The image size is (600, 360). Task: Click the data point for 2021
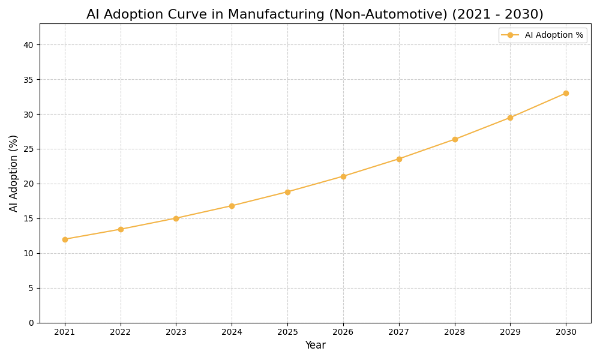tap(65, 239)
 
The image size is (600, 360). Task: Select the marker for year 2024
tap(232, 206)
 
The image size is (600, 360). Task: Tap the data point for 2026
tap(343, 176)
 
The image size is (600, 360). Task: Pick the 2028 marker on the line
tap(455, 139)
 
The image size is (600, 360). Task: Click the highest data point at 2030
tap(566, 93)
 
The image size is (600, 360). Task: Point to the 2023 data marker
tap(176, 218)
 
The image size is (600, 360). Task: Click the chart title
tap(314, 14)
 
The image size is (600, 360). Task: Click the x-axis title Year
tap(315, 346)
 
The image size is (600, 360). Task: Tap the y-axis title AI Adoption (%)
tap(14, 173)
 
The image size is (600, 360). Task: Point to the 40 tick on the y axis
tap(29, 45)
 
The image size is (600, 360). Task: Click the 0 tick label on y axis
tap(31, 323)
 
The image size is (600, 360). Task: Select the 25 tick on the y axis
tap(29, 149)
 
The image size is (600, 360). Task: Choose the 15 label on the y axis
tap(29, 218)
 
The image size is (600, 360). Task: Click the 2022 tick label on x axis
tap(121, 332)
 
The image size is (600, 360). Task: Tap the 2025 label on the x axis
tap(287, 332)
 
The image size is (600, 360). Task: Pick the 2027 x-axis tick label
tap(399, 332)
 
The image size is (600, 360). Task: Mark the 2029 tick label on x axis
tap(510, 332)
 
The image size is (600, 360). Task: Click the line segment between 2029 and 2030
tap(538, 106)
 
